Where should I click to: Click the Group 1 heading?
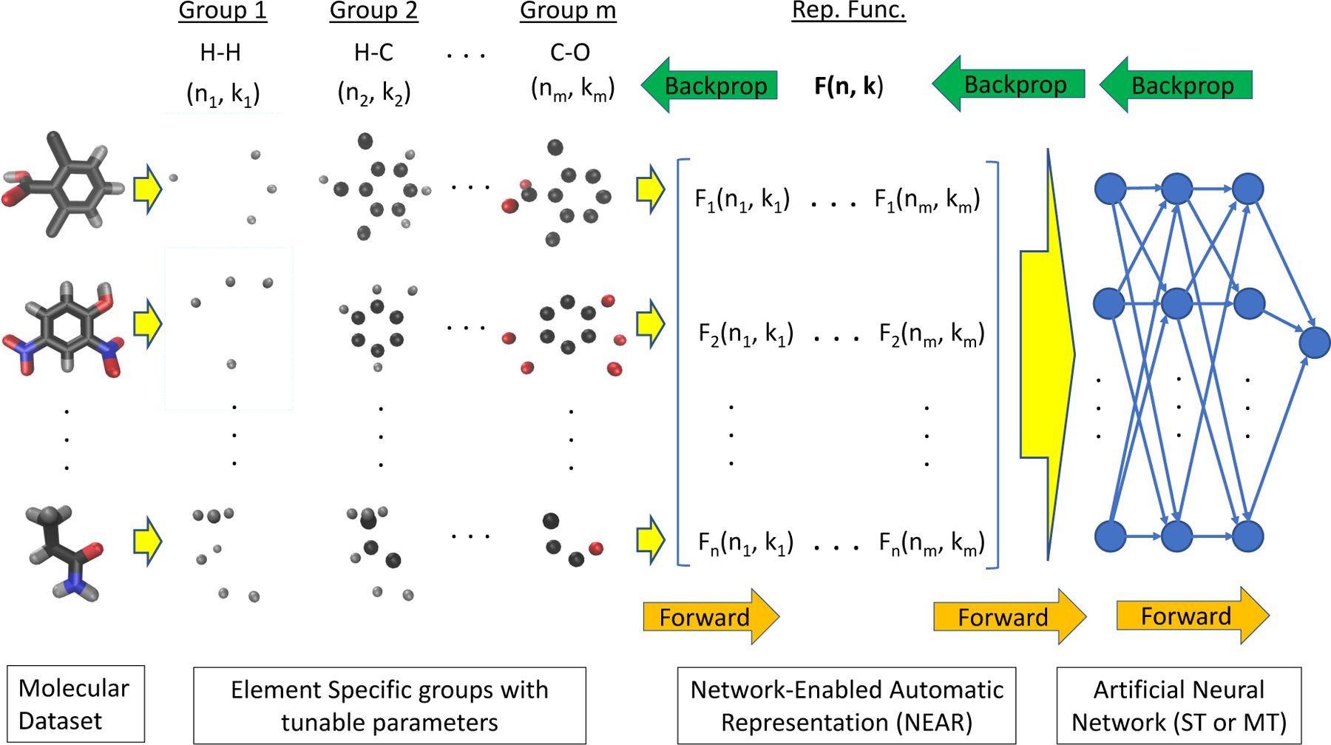pos(223,12)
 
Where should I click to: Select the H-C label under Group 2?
pos(373,53)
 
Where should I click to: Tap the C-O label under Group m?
pos(570,53)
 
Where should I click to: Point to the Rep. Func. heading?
pos(848,11)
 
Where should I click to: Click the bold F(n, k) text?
pos(848,87)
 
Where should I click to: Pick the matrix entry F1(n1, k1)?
pos(742,200)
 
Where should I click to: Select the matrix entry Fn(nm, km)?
pos(931,543)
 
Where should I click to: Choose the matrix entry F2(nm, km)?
pos(931,334)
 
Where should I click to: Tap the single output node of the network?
pos(1314,343)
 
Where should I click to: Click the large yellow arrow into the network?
pos(1046,355)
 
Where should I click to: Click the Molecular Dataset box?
pos(75,704)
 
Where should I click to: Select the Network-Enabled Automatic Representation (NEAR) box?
pos(846,705)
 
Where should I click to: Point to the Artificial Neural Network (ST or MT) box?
pos(1179,705)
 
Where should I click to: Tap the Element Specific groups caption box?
pos(389,705)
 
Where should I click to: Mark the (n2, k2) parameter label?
pos(373,93)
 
